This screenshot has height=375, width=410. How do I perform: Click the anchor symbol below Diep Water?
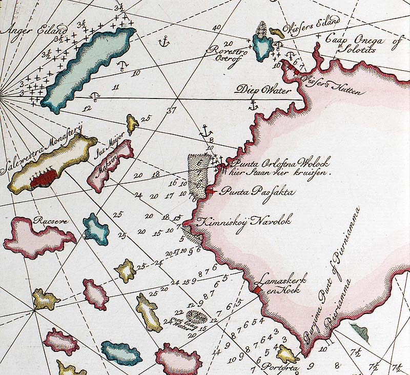pyautogui.click(x=252, y=106)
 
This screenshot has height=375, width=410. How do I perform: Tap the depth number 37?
pyautogui.click(x=171, y=110)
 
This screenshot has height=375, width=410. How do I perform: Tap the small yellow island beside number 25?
pyautogui.click(x=132, y=124)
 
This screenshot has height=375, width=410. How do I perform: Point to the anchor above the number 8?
pyautogui.click(x=207, y=130)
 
